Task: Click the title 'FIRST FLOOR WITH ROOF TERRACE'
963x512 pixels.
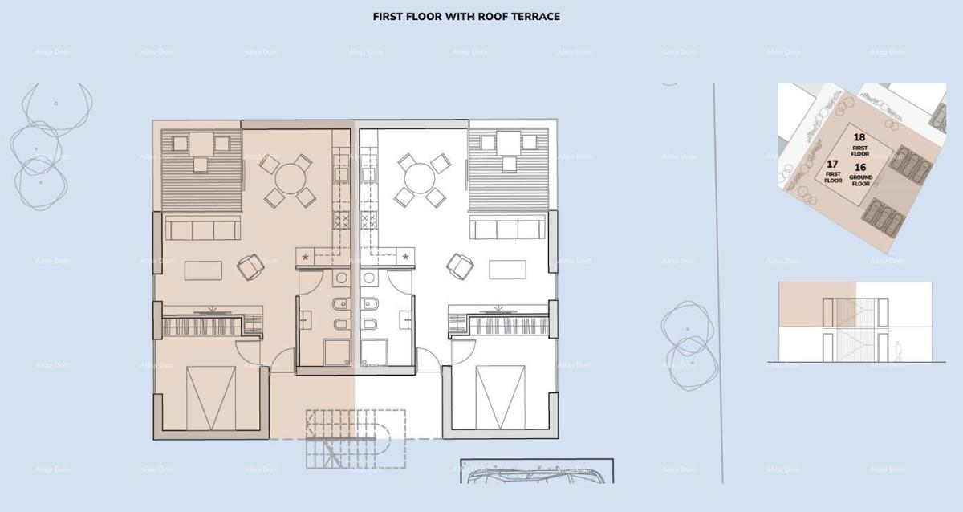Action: coord(466,16)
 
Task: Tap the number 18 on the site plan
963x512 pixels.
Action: coord(859,137)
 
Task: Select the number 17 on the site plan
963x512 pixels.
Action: coord(832,164)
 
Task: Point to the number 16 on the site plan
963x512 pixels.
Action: coord(860,167)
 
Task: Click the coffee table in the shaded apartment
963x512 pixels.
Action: coord(202,270)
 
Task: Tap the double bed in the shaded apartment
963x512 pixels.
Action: coord(211,398)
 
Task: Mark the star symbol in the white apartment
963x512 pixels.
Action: coord(405,257)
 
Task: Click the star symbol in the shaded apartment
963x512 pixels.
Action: coord(306,257)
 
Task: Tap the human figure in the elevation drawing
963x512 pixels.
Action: coord(899,351)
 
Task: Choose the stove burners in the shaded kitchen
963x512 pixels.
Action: coord(341,220)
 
